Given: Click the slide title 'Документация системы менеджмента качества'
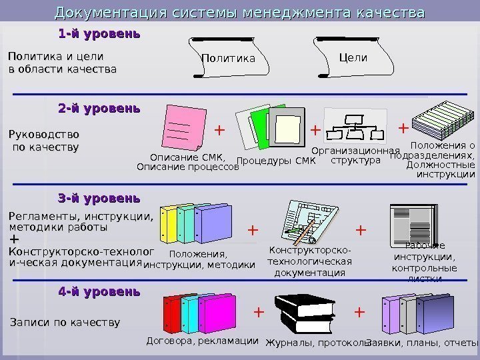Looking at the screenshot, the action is [x=239, y=13].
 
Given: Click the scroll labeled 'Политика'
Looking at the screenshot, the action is [x=229, y=58].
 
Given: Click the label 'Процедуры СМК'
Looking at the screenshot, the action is [x=276, y=161].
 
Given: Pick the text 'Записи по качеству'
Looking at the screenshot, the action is [x=65, y=323].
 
